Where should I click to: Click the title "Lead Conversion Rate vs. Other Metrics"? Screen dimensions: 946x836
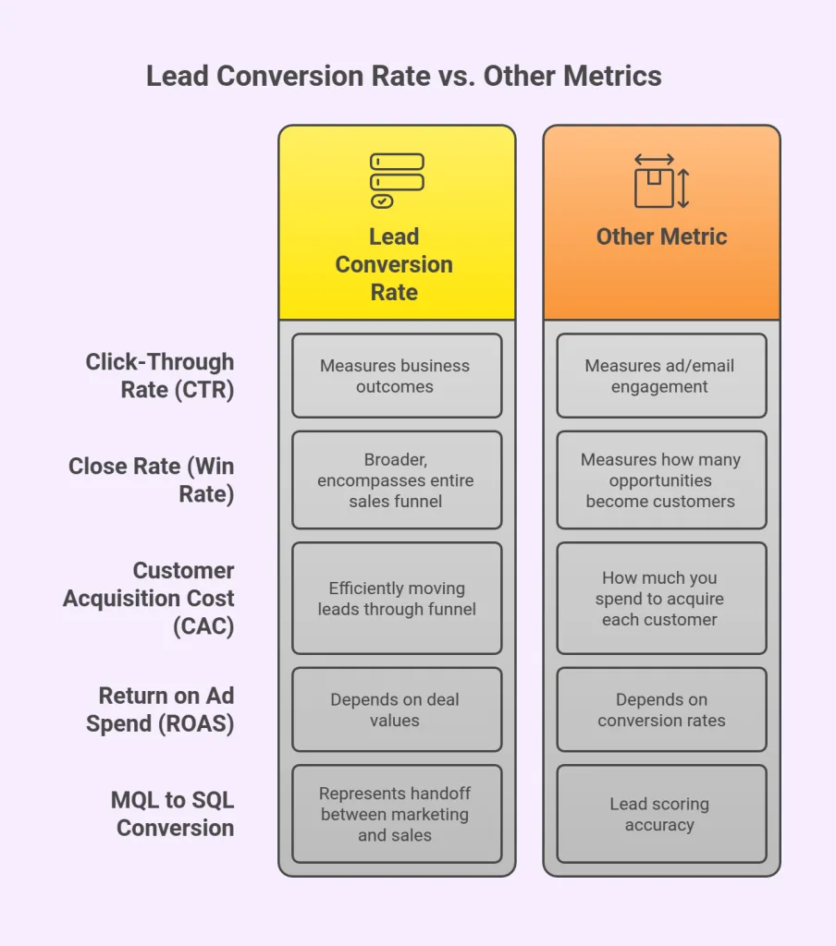[x=404, y=76]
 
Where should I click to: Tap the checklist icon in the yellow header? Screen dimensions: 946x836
[x=396, y=180]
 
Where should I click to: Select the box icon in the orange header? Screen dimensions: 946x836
[x=660, y=181]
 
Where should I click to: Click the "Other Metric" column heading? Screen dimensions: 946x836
[x=661, y=236]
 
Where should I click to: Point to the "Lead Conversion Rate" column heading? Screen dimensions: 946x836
[x=394, y=264]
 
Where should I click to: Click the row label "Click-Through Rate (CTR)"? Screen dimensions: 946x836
[x=159, y=375]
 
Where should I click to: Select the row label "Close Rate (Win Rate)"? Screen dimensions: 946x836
[x=152, y=480]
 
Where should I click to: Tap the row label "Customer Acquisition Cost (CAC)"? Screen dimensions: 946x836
[x=149, y=598]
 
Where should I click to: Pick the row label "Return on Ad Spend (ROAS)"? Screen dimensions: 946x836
[x=160, y=709]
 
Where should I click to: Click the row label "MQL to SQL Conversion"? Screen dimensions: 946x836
[x=173, y=813]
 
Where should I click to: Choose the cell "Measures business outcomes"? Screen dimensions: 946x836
[x=396, y=376]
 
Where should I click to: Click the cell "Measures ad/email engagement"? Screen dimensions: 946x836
[x=660, y=376]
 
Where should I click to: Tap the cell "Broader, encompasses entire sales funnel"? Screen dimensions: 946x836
[x=396, y=480]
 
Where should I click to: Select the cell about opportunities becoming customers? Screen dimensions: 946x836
[x=660, y=480]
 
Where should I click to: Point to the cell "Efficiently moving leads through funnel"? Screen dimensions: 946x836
[x=396, y=598]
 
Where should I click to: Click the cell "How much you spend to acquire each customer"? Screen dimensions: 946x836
[x=660, y=598]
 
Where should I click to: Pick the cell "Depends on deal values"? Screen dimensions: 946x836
[x=396, y=709]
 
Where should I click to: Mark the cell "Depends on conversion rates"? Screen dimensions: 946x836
[x=660, y=709]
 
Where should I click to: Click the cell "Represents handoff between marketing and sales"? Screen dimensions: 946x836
[x=396, y=814]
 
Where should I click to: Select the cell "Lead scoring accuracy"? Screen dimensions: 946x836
[x=660, y=814]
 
